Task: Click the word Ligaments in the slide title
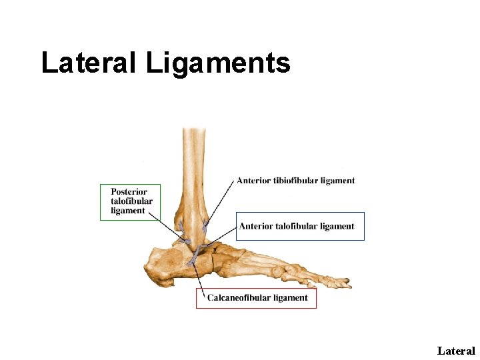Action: pyautogui.click(x=218, y=64)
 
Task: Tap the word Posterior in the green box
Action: pyautogui.click(x=129, y=192)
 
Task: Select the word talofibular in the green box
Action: pyautogui.click(x=131, y=201)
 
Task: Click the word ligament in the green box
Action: pyautogui.click(x=128, y=211)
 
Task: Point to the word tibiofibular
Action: pyautogui.click(x=299, y=180)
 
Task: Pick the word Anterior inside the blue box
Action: pyautogui.click(x=256, y=226)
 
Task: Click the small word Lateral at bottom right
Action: pyautogui.click(x=456, y=351)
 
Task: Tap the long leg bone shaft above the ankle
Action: pyautogui.click(x=194, y=160)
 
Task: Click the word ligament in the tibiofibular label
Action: pyautogui.click(x=336, y=180)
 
